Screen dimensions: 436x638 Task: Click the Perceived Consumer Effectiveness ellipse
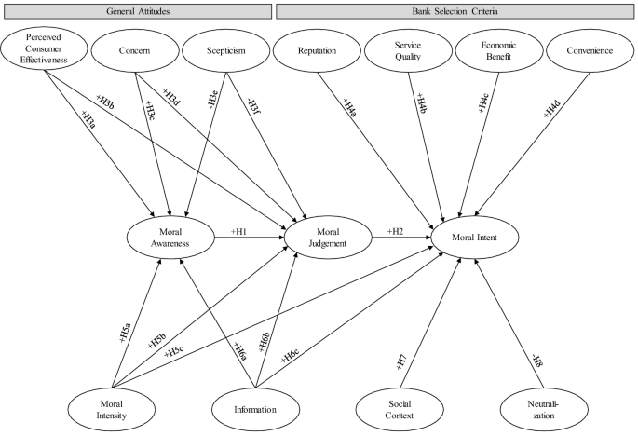point(44,53)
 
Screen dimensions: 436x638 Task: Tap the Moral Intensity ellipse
point(112,408)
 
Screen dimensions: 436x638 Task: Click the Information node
point(256,408)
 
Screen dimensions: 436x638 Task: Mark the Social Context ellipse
point(401,408)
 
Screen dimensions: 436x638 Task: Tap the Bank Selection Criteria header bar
point(456,9)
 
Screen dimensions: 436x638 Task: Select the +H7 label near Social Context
point(401,362)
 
